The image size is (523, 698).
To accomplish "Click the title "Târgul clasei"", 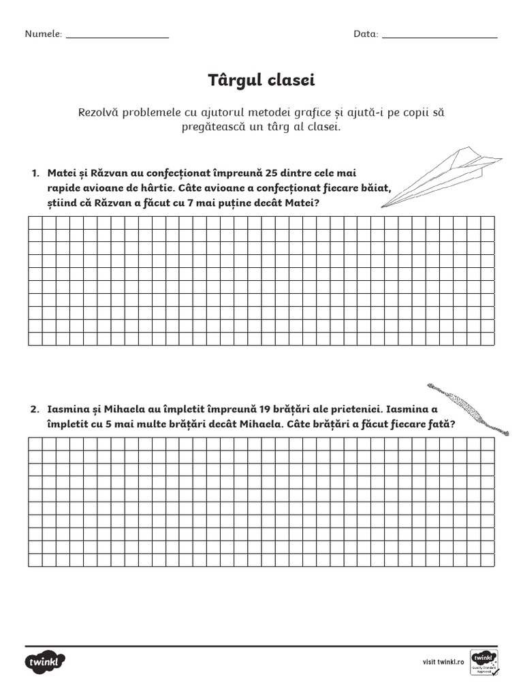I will (261, 81).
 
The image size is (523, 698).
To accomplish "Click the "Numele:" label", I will (44, 34).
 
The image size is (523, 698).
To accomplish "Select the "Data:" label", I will (366, 34).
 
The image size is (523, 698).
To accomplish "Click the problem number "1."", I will (36, 173).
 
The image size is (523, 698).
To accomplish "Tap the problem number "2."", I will (36, 409).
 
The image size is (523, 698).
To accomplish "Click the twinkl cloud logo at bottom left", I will (46, 662).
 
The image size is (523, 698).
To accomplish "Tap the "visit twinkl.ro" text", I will (443, 662).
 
